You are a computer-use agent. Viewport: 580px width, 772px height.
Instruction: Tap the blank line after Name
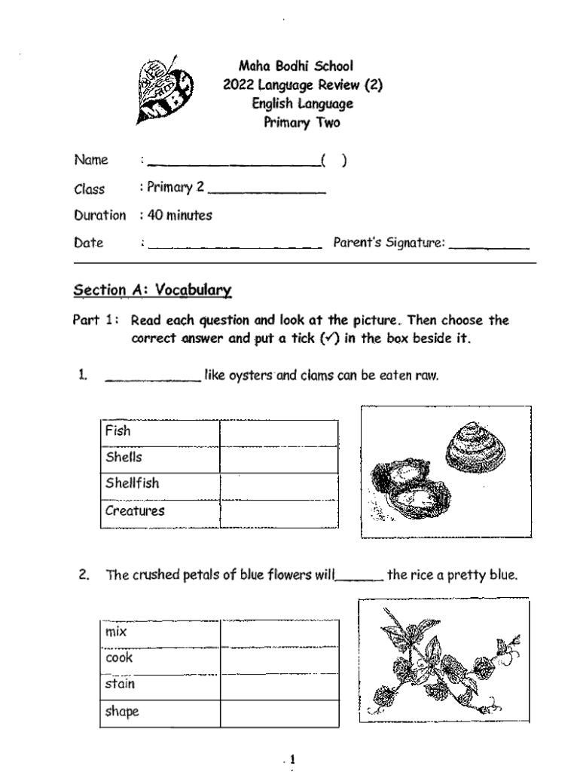233,162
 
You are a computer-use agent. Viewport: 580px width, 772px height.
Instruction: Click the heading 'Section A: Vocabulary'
152,290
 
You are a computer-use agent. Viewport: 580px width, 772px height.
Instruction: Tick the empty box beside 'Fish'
279,433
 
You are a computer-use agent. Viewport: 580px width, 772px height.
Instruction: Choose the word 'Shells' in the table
124,458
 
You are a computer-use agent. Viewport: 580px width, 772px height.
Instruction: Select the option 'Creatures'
135,511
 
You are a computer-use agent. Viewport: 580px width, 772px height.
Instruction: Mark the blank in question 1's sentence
152,378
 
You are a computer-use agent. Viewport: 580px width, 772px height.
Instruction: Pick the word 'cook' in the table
119,658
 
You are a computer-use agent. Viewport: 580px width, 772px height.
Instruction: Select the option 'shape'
122,712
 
